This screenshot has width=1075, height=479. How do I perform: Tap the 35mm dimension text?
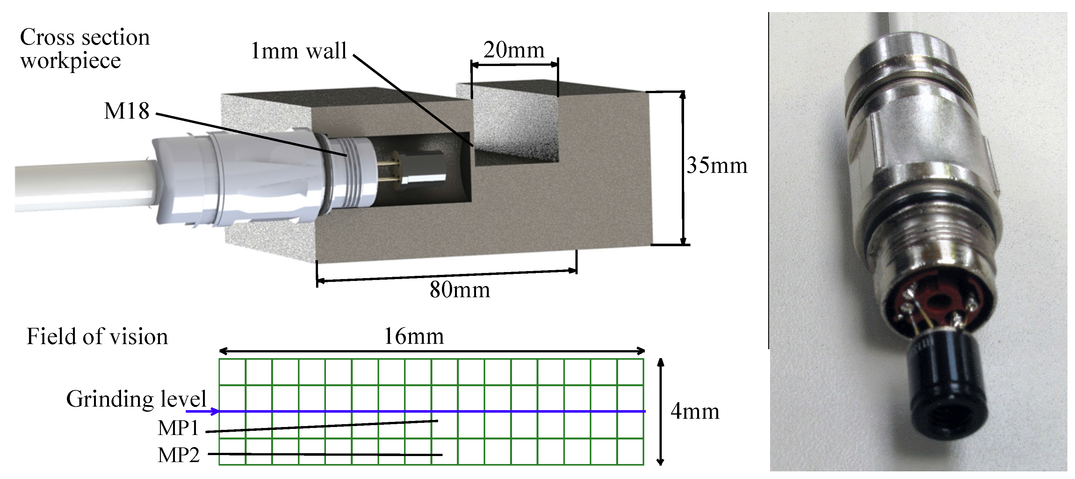[x=717, y=166]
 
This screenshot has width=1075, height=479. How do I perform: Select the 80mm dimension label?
[x=459, y=290]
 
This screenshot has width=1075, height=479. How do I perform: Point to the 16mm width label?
[x=414, y=336]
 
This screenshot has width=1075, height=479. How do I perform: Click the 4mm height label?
[x=695, y=412]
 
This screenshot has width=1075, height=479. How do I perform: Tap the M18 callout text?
[x=126, y=111]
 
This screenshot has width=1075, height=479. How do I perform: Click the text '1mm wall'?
[x=298, y=51]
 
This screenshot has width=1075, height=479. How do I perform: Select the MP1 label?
[x=178, y=428]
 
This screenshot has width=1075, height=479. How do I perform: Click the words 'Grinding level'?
[x=136, y=399]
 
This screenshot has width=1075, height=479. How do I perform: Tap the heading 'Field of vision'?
[x=97, y=336]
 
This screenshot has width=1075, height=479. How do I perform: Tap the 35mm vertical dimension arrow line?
[x=683, y=167]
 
